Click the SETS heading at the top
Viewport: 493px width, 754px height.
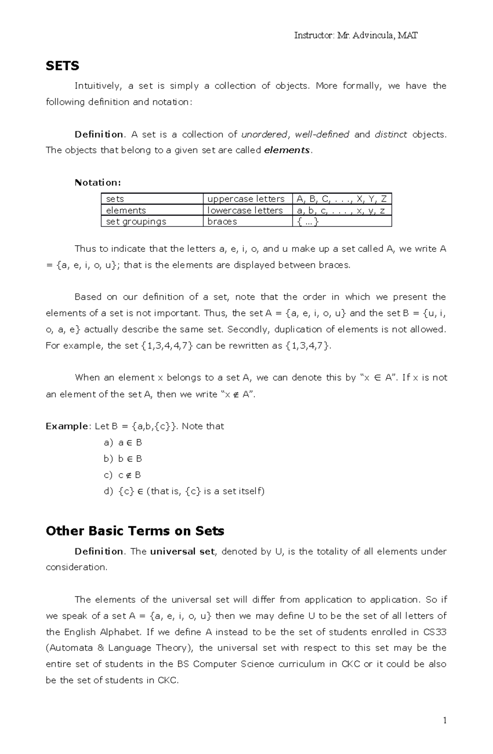point(62,66)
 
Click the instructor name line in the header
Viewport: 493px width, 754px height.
point(356,35)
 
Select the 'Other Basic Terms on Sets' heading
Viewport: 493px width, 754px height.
point(135,531)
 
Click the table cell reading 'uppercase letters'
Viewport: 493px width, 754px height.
point(246,199)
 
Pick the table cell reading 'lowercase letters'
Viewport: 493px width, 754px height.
point(245,210)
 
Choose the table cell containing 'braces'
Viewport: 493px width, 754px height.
point(222,221)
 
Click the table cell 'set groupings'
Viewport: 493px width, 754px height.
point(136,221)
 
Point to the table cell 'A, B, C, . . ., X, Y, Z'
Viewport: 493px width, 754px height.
point(341,199)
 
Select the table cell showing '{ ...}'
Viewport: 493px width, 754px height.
point(308,221)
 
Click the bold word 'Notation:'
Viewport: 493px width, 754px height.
point(98,182)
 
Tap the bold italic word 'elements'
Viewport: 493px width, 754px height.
point(287,150)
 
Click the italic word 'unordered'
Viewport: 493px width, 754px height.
point(264,134)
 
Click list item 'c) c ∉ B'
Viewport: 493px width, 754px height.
point(122,475)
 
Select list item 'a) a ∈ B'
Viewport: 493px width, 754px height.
point(123,443)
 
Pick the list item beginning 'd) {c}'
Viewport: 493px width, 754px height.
point(184,491)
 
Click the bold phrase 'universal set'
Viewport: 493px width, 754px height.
point(182,551)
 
